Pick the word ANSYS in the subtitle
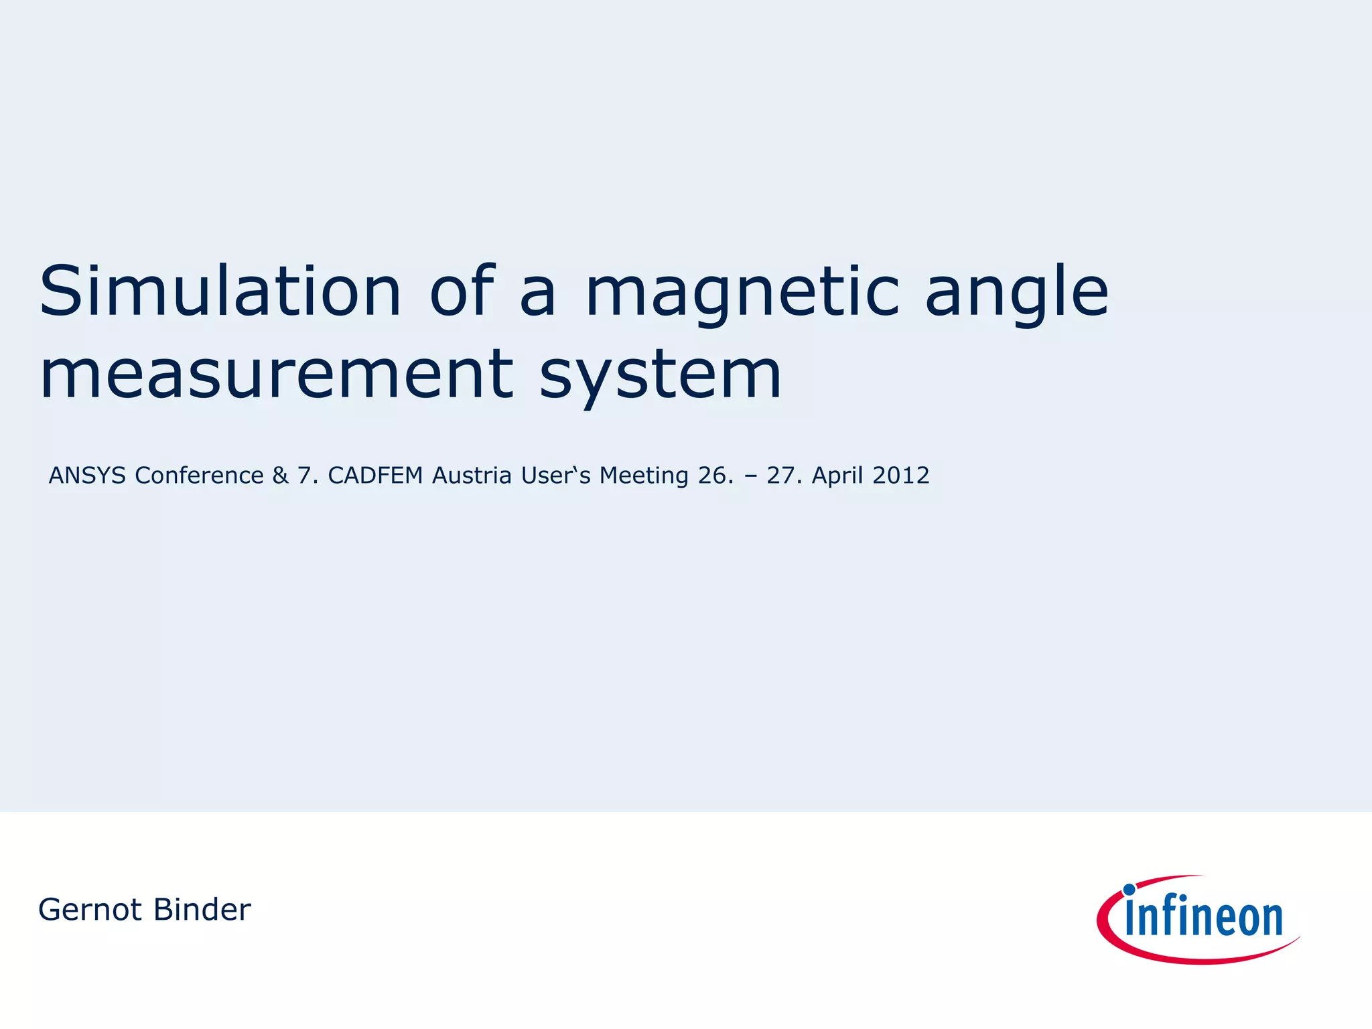point(87,476)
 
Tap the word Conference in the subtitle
point(199,476)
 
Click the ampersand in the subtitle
point(280,476)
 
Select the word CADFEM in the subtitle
point(375,476)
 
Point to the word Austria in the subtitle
point(472,476)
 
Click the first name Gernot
point(90,910)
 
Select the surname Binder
point(202,910)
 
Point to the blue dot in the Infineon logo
point(1129,890)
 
